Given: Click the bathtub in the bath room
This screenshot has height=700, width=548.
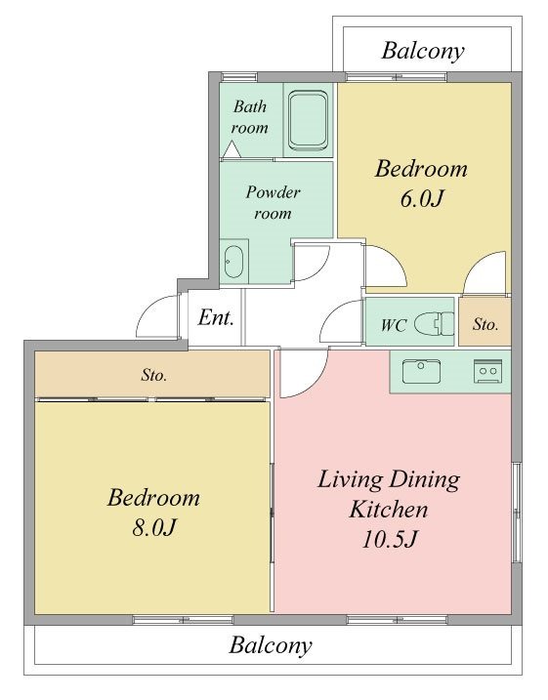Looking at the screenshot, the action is [x=308, y=120].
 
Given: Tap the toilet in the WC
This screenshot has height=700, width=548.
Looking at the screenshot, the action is [x=434, y=323].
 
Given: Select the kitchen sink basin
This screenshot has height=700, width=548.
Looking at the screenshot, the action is [x=421, y=371].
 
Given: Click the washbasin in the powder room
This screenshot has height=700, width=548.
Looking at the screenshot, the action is [x=233, y=262].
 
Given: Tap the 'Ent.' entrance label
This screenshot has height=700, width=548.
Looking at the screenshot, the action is [x=216, y=318].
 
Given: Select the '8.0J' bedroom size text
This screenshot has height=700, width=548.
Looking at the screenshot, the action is [x=153, y=527].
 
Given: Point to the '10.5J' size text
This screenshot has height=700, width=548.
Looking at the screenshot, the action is [x=389, y=539].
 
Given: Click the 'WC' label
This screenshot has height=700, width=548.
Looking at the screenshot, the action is [x=393, y=325].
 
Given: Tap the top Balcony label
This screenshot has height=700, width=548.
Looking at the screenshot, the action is [x=423, y=51].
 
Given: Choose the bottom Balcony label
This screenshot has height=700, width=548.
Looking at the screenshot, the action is [x=271, y=645].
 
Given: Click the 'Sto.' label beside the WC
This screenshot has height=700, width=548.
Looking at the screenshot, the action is [x=485, y=324].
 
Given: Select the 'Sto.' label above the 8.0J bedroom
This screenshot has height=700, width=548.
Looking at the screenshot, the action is [x=154, y=375].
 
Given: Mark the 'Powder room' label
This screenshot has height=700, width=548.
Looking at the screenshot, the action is [x=273, y=202].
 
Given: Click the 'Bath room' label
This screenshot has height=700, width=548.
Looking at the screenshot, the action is [x=250, y=117].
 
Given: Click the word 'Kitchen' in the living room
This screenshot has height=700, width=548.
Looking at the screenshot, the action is [x=388, y=510].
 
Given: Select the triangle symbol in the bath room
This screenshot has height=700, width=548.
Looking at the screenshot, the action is [x=232, y=149].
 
